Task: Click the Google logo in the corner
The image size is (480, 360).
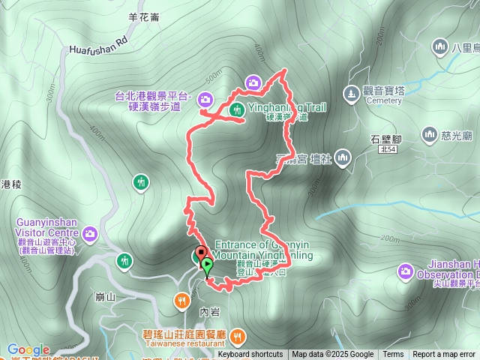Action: click(28, 349)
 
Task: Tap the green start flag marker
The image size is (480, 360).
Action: click(207, 265)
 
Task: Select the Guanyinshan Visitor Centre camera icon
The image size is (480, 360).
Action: click(90, 235)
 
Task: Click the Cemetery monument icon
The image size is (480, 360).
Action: click(350, 94)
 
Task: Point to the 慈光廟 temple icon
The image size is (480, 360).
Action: click(430, 135)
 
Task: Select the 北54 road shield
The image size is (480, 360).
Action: click(388, 150)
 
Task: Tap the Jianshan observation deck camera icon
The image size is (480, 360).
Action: click(406, 270)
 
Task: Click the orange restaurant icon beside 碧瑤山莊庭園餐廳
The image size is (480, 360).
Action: click(238, 334)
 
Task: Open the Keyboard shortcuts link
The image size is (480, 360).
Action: click(250, 355)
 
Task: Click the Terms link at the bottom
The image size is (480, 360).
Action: click(393, 355)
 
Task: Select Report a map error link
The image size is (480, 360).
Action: click(444, 355)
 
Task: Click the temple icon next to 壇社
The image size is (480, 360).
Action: click(343, 157)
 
